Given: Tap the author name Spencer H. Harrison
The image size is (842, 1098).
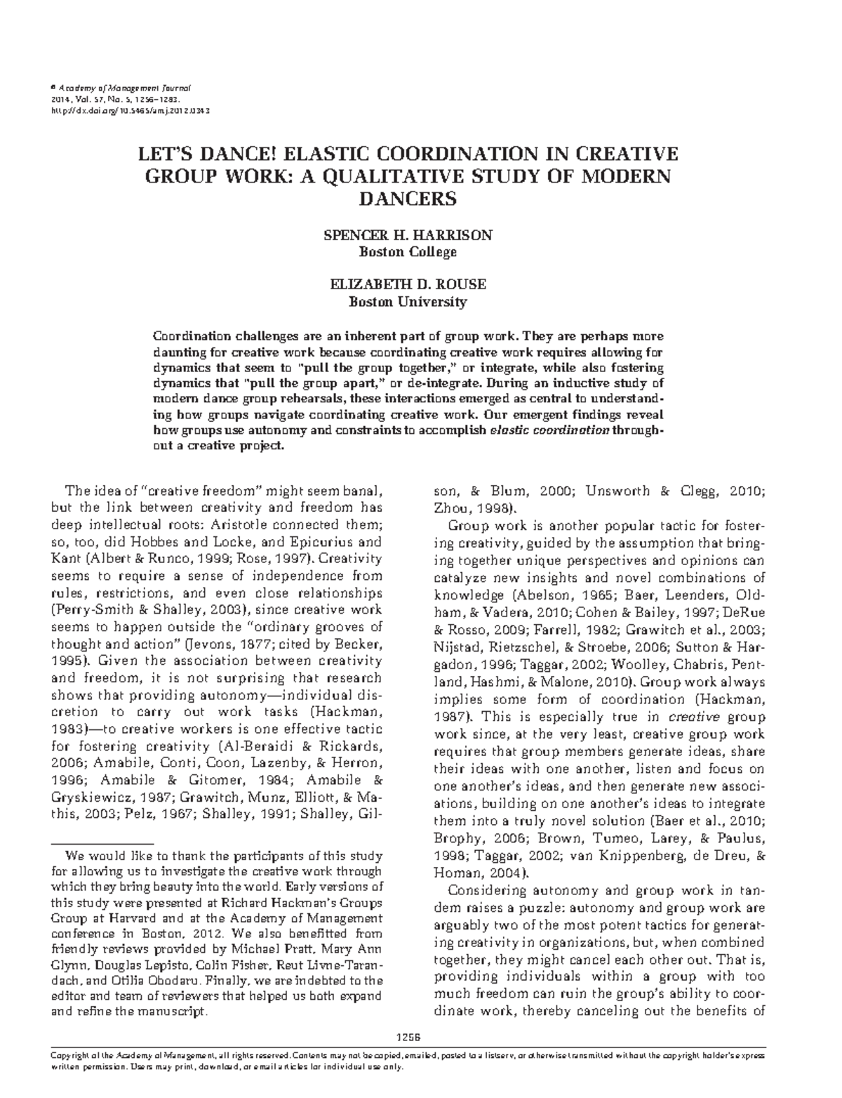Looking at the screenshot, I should [407, 235].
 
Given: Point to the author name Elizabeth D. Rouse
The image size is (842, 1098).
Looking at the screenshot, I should [408, 285].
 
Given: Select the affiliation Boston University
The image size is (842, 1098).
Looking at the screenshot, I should [408, 302].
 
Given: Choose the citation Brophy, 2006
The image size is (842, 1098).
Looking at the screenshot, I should [481, 838].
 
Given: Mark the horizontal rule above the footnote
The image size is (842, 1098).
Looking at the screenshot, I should [102, 842].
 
